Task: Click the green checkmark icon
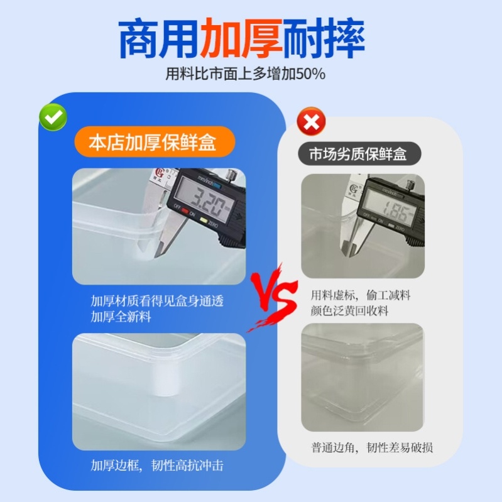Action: (x=53, y=116)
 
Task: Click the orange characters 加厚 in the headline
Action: (x=241, y=39)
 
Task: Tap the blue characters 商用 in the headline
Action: (x=158, y=39)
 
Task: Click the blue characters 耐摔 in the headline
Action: (x=324, y=39)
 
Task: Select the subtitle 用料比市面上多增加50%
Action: (x=245, y=74)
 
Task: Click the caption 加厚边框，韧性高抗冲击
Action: (x=157, y=466)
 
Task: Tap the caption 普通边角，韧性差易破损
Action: (x=372, y=447)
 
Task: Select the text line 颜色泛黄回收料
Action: (x=351, y=310)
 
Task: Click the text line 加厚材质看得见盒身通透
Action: (x=157, y=301)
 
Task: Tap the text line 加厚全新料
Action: (x=121, y=317)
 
